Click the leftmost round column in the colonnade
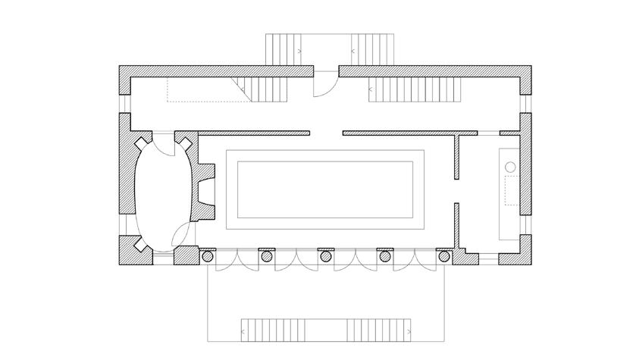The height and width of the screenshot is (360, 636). [x=207, y=257]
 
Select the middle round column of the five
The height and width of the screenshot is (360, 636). [x=326, y=257]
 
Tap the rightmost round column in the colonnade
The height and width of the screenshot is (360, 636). [x=444, y=257]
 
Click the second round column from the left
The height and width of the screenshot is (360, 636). [x=267, y=257]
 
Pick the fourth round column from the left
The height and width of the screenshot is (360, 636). [x=385, y=257]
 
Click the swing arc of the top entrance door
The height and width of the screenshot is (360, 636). [x=322, y=85]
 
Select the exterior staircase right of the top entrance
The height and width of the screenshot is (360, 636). [x=374, y=51]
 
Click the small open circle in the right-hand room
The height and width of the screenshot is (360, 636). [x=510, y=164]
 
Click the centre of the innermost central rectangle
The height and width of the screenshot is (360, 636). [x=326, y=189]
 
